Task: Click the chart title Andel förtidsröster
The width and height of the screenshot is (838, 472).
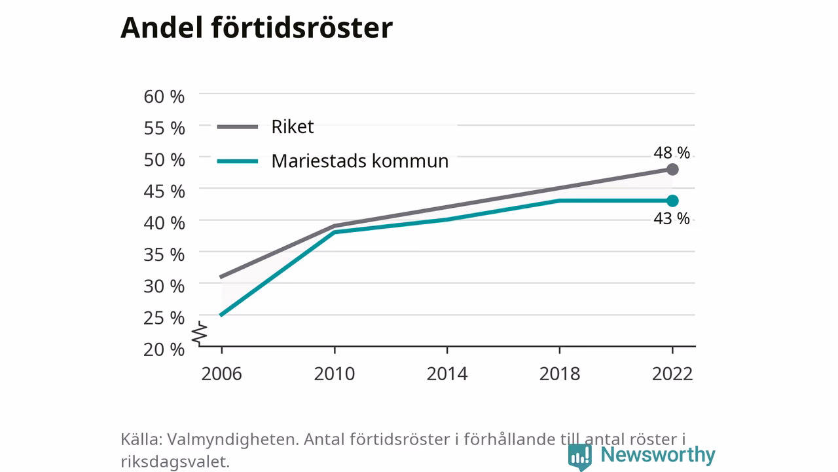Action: pyautogui.click(x=257, y=28)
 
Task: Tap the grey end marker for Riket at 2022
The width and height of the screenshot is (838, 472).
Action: pyautogui.click(x=672, y=169)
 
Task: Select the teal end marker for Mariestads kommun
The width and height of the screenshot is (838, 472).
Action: pyautogui.click(x=672, y=201)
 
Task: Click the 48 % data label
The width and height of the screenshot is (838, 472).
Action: pyautogui.click(x=672, y=153)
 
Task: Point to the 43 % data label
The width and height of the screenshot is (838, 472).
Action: pyautogui.click(x=672, y=218)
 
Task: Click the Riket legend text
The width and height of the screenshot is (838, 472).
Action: pyautogui.click(x=293, y=127)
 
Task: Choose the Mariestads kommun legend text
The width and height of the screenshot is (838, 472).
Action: pyautogui.click(x=360, y=161)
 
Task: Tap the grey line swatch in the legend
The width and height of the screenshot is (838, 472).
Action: pyautogui.click(x=238, y=127)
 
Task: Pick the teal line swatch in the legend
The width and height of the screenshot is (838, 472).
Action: pyautogui.click(x=238, y=161)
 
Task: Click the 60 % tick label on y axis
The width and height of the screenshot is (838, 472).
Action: pyautogui.click(x=164, y=96)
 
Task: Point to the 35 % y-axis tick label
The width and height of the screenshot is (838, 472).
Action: pyautogui.click(x=164, y=255)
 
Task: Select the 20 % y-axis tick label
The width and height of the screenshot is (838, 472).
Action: pyautogui.click(x=164, y=349)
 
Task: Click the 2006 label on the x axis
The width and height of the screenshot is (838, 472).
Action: pyautogui.click(x=221, y=374)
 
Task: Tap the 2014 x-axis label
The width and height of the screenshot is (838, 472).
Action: pyautogui.click(x=447, y=374)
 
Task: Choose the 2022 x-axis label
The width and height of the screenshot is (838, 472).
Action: pyautogui.click(x=672, y=374)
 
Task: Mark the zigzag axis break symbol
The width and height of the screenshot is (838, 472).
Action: pyautogui.click(x=200, y=333)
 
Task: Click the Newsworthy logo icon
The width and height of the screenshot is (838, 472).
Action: pyautogui.click(x=580, y=457)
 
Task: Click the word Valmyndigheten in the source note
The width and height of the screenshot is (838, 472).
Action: pyautogui.click(x=232, y=439)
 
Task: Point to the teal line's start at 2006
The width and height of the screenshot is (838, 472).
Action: pyautogui.click(x=221, y=315)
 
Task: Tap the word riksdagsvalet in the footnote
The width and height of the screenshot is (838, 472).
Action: pyautogui.click(x=175, y=462)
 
